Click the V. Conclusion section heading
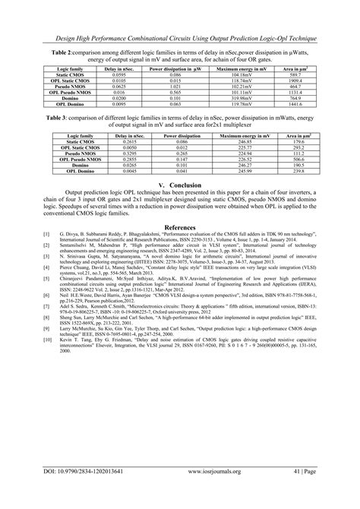[180, 185]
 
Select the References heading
[180, 226]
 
